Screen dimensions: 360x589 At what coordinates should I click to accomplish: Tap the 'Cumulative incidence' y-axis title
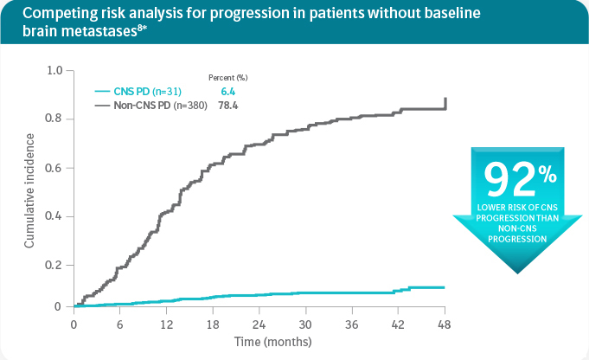point(29,190)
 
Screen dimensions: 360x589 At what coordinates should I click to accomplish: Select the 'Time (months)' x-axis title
point(259,342)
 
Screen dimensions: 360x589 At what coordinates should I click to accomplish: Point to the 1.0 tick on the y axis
point(54,69)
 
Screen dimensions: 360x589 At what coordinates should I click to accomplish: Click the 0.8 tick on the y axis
point(54,119)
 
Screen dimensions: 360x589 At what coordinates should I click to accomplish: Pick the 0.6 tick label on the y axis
point(54,168)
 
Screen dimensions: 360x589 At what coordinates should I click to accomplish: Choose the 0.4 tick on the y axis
point(54,216)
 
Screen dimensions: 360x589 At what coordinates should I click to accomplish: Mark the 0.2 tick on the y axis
point(54,266)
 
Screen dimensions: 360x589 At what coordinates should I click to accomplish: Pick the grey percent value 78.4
point(228,106)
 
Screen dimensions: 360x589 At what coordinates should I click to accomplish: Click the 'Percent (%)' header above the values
point(228,78)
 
